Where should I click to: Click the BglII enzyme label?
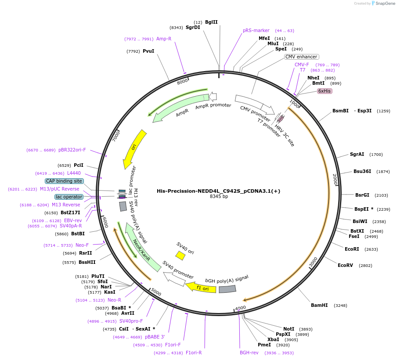tap(211, 22)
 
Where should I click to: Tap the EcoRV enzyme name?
tap(345, 265)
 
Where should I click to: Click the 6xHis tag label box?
tap(325, 91)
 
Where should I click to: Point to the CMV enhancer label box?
tap(301, 57)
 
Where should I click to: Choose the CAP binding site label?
tap(64, 181)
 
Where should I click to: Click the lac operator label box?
tap(69, 197)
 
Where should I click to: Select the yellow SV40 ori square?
tap(180, 255)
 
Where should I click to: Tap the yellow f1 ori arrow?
tap(201, 288)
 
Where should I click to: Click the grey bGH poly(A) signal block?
tap(227, 289)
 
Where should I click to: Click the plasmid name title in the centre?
tap(218, 191)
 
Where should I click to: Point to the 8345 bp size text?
tap(219, 197)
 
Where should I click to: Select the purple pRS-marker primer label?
tap(256, 31)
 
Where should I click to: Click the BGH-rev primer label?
tap(249, 353)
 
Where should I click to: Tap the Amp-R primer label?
tap(164, 39)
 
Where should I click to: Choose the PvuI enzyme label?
tap(148, 51)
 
